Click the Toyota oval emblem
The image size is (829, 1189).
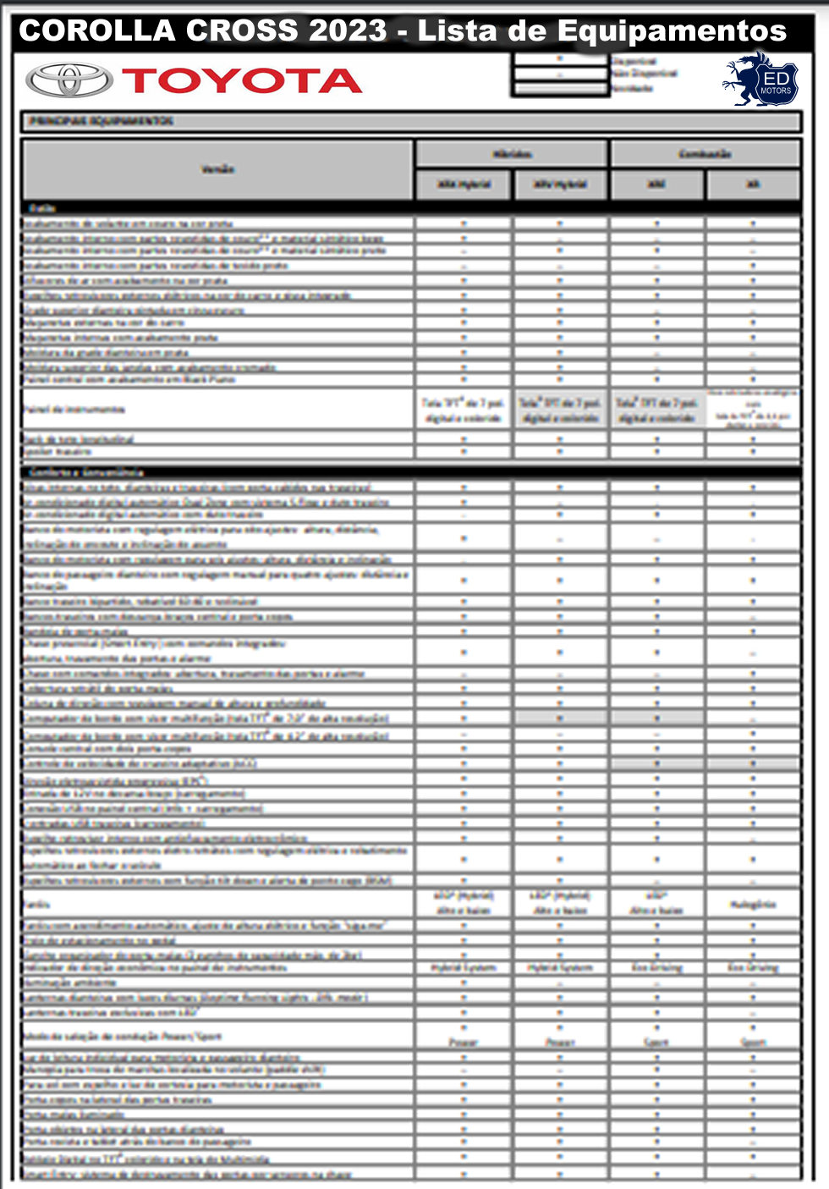[69, 80]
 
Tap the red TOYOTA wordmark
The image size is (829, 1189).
[242, 81]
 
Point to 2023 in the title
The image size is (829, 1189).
[348, 31]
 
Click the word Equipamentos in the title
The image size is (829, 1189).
[672, 31]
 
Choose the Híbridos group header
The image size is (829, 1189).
[511, 154]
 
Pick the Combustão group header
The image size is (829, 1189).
[705, 154]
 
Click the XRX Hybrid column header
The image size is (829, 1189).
[464, 184]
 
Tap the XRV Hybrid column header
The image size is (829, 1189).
[560, 184]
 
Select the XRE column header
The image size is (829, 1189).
[656, 184]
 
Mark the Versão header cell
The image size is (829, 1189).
[217, 169]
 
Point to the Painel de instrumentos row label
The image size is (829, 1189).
[74, 410]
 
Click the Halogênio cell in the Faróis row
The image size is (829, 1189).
[753, 904]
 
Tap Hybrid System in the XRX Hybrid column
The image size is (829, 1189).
[464, 967]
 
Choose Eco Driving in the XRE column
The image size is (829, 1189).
[656, 967]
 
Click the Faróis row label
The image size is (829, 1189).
[37, 904]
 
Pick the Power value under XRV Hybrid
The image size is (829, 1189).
[560, 1043]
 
